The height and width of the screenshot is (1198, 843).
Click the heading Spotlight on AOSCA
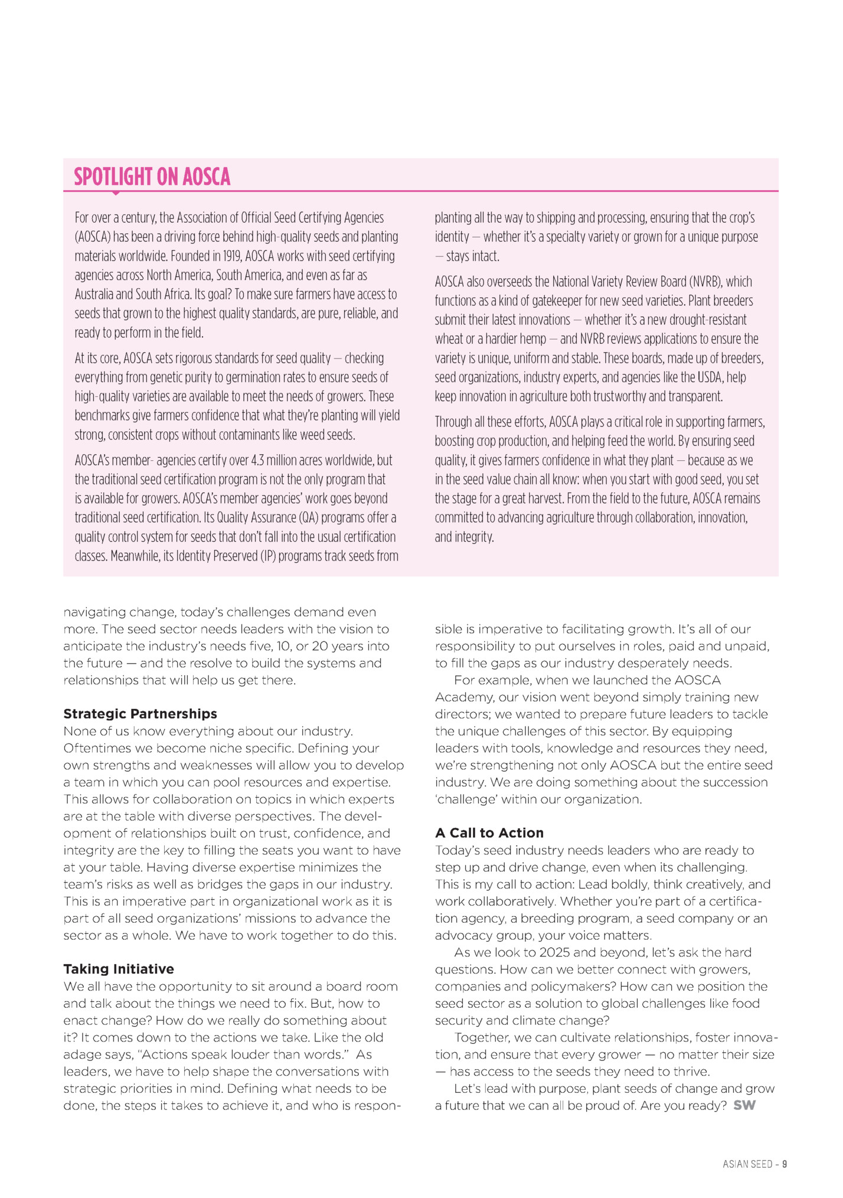click(x=152, y=177)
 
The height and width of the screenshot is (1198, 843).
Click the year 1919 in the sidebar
click(x=231, y=256)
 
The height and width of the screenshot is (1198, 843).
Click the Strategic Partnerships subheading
click(x=140, y=714)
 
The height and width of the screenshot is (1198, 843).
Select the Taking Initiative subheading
click(x=119, y=969)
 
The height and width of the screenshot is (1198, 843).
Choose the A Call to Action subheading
click(x=489, y=833)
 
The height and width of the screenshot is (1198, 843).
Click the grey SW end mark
click(x=744, y=1105)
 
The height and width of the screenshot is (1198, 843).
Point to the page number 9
click(x=785, y=1164)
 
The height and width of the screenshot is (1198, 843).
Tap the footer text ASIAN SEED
click(x=747, y=1164)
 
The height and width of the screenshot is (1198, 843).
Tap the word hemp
click(x=534, y=339)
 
